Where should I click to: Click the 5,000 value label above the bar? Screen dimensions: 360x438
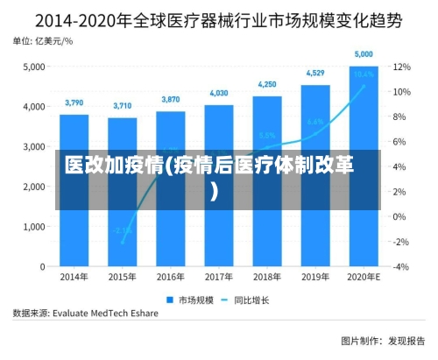(x=364, y=54)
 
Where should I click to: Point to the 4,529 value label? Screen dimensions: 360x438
(x=315, y=74)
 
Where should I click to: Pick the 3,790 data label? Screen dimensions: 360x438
(x=74, y=103)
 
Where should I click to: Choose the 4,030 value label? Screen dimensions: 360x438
(x=219, y=93)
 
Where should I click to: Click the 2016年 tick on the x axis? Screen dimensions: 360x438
(x=171, y=278)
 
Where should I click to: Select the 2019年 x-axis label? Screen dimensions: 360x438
(x=315, y=278)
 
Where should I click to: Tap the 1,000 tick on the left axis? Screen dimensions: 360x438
(x=35, y=227)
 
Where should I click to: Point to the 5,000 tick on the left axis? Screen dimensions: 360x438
(x=35, y=67)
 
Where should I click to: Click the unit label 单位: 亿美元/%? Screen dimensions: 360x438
(x=44, y=40)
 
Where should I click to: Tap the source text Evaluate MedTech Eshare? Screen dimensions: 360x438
(x=105, y=311)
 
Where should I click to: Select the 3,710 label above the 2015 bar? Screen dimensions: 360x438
(x=123, y=106)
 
